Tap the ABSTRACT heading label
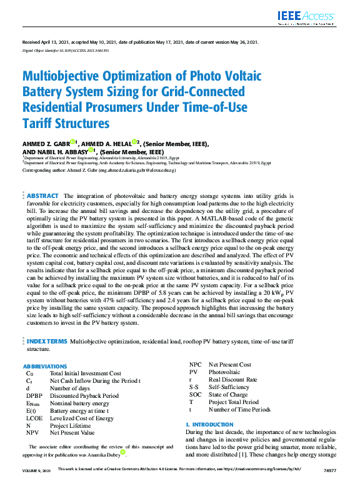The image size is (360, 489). pyautogui.click(x=43, y=195)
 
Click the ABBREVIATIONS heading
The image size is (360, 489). pyautogui.click(x=45, y=366)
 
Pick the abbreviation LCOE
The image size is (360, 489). pyautogui.click(x=34, y=418)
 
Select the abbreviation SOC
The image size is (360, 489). pyautogui.click(x=196, y=395)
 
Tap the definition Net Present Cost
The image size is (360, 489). pyautogui.click(x=229, y=365)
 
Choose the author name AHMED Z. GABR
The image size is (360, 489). pyautogui.click(x=46, y=144)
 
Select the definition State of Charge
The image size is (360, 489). pyautogui.click(x=232, y=395)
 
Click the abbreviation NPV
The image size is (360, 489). pyautogui.click(x=32, y=432)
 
